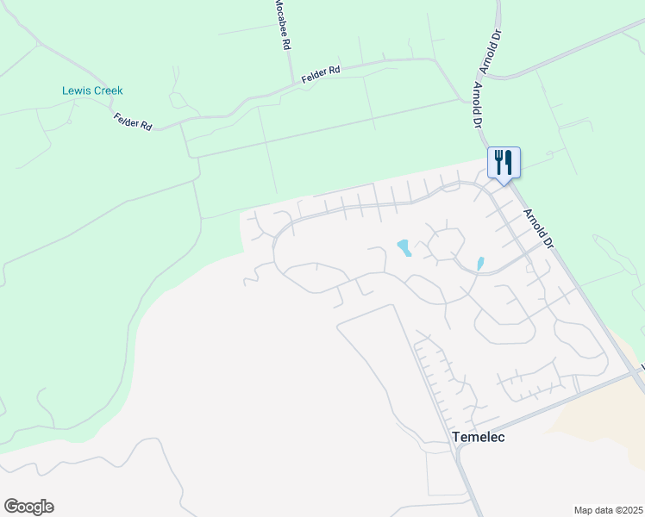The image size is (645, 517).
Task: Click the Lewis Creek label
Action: (92, 90)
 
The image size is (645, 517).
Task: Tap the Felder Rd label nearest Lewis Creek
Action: (133, 121)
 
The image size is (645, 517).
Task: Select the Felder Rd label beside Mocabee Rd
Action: (322, 75)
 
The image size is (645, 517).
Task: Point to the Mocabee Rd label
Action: (280, 23)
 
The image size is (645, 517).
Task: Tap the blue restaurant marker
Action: (504, 162)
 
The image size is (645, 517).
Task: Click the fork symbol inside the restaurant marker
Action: (498, 160)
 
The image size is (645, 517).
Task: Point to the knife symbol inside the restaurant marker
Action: (509, 160)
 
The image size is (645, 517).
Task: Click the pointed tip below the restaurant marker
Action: (504, 183)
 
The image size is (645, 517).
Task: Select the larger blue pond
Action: (403, 248)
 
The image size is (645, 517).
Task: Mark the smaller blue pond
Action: (480, 262)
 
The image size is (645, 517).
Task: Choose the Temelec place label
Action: (478, 437)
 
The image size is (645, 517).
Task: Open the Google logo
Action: (28, 507)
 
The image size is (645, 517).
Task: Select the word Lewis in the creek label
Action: (76, 90)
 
